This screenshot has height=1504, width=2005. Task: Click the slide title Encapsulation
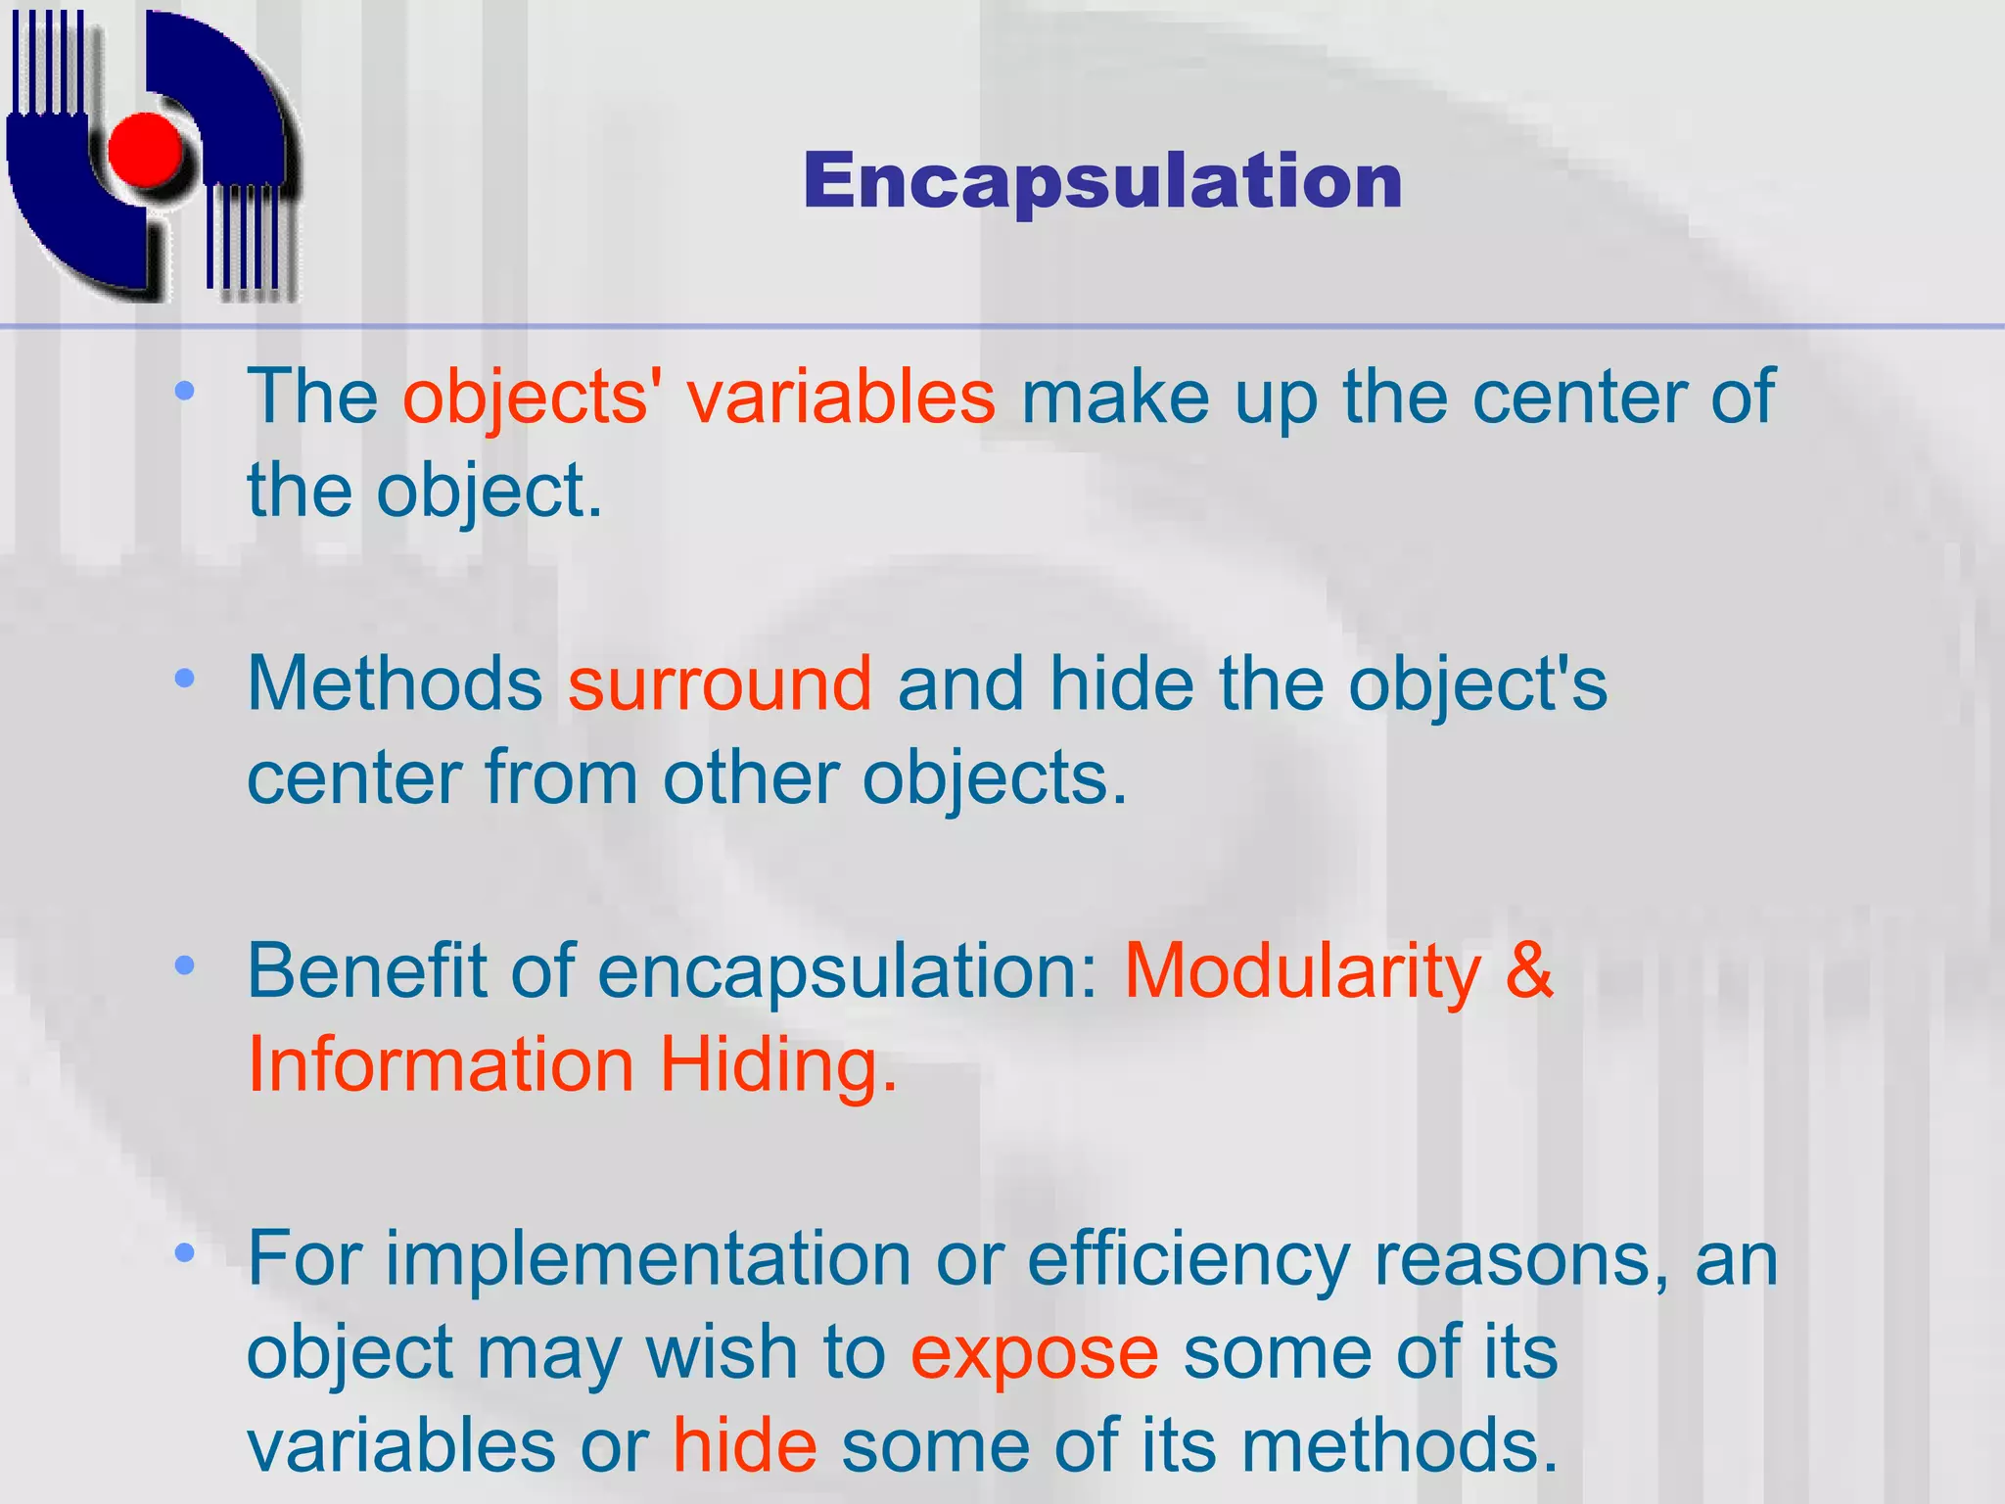click(x=1103, y=182)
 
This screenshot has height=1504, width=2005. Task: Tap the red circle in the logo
click(x=145, y=150)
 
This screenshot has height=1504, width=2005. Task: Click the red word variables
click(x=841, y=397)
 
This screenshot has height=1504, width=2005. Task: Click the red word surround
click(x=720, y=683)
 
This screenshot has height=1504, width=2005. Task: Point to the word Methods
click(x=395, y=683)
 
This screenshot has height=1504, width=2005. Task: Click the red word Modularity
click(x=1302, y=971)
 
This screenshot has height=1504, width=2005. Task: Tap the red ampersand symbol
click(x=1529, y=971)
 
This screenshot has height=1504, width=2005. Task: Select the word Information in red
click(x=441, y=1065)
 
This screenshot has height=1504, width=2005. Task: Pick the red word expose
click(x=1035, y=1353)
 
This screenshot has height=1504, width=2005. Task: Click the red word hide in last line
click(x=744, y=1445)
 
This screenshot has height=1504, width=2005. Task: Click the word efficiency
click(x=1189, y=1260)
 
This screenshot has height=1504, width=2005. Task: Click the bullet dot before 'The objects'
click(x=184, y=392)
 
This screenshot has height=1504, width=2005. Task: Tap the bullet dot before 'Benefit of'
click(x=184, y=966)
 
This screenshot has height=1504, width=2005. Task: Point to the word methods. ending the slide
click(x=1399, y=1445)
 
